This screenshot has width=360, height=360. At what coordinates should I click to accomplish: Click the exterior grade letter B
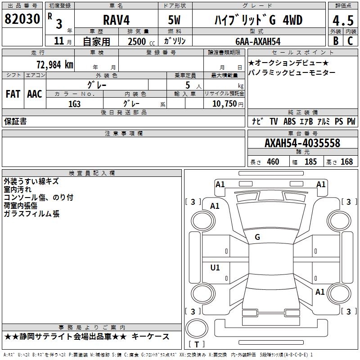click(335, 40)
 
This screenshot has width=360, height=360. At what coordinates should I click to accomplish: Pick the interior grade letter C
click(350, 40)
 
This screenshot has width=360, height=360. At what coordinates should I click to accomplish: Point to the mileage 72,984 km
click(54, 64)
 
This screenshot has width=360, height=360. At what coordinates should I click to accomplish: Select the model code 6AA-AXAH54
click(258, 41)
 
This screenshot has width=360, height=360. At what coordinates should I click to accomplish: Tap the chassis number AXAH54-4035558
click(302, 143)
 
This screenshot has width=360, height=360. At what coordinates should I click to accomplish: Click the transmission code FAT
click(13, 94)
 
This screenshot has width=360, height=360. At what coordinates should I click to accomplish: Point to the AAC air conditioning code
click(35, 94)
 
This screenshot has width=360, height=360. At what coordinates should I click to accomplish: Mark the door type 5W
click(175, 21)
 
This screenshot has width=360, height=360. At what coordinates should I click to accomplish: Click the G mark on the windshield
click(257, 237)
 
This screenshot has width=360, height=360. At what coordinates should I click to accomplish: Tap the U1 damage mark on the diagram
click(215, 267)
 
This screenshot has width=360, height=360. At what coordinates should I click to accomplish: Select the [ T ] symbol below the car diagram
click(197, 344)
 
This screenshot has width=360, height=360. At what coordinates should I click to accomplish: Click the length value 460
click(273, 162)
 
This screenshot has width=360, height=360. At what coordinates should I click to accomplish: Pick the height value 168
click(346, 162)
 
